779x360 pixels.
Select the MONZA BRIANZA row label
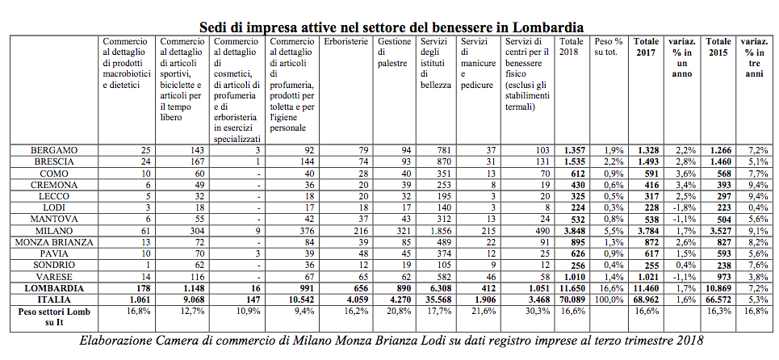(54, 241)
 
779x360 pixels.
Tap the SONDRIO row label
(54, 264)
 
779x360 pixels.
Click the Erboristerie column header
(345, 41)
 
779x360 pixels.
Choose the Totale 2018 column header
(571, 46)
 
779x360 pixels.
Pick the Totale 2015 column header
(718, 46)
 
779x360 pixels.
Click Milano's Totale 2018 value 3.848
(573, 230)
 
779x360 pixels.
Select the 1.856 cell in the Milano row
(437, 230)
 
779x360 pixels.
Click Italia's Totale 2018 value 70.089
(572, 298)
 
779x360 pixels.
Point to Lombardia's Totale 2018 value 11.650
(572, 287)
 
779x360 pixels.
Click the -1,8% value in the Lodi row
(683, 207)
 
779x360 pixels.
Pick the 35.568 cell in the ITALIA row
(435, 298)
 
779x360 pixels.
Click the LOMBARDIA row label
(54, 287)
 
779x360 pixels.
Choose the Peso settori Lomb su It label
(54, 315)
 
